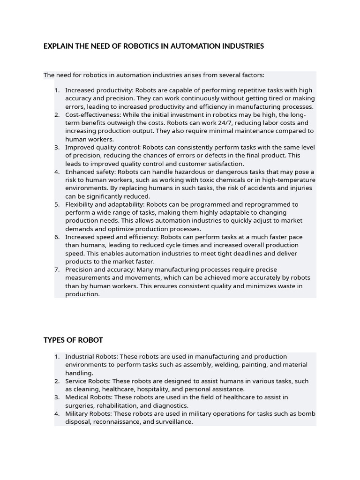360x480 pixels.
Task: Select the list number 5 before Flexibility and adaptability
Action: coord(57,204)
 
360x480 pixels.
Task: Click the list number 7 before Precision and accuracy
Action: coord(57,270)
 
